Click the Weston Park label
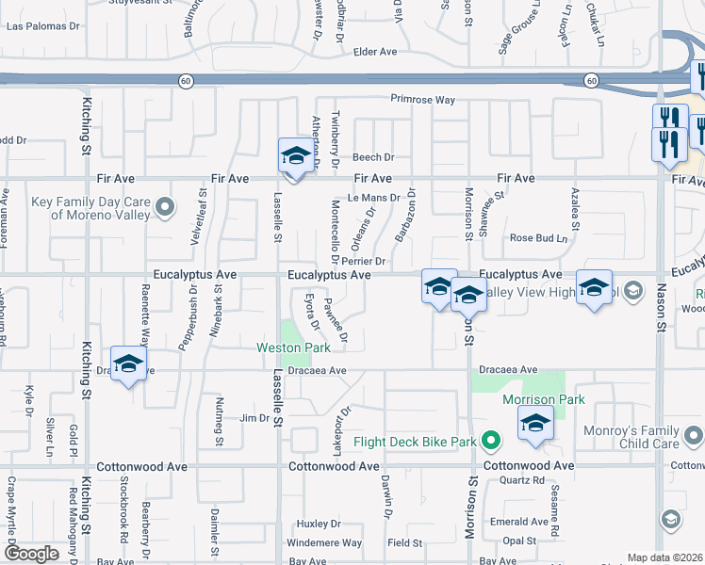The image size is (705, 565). click(293, 347)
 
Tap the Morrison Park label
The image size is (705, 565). click(543, 399)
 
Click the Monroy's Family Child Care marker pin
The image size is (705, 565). click(693, 435)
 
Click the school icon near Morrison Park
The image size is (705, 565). click(535, 424)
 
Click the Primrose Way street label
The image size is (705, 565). click(424, 100)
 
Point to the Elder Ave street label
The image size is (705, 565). click(376, 52)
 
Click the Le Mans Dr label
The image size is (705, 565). click(374, 198)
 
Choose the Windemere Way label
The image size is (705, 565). click(324, 542)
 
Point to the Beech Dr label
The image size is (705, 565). click(373, 157)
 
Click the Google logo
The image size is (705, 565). click(31, 554)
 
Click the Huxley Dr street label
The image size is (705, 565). click(318, 523)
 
